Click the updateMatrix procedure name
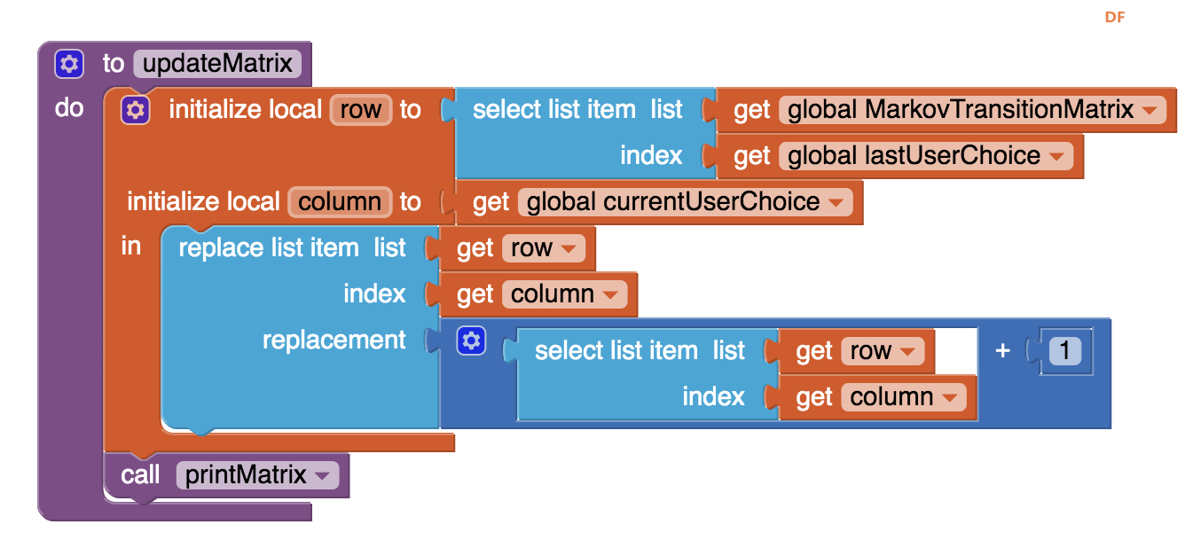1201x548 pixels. (x=217, y=63)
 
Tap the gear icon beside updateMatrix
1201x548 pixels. (x=69, y=64)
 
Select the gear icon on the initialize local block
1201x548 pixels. (x=135, y=110)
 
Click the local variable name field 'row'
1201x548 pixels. (x=361, y=110)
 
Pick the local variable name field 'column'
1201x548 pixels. (x=340, y=202)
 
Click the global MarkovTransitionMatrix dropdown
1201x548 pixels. (x=972, y=110)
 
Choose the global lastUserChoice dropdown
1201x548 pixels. (x=926, y=156)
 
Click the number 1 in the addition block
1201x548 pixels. (x=1064, y=350)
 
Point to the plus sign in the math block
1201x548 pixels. (x=1002, y=350)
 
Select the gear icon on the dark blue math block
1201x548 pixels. (x=471, y=341)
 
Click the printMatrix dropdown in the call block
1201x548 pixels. (x=257, y=475)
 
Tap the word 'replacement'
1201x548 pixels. (x=334, y=340)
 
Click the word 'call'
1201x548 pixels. (x=140, y=475)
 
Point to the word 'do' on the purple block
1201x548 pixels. (x=69, y=108)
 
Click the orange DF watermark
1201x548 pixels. (x=1115, y=17)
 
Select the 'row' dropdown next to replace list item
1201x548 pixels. (x=544, y=248)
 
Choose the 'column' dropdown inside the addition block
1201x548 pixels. (x=904, y=397)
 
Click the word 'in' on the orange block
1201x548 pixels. (x=130, y=247)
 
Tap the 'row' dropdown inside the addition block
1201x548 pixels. (x=883, y=351)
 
